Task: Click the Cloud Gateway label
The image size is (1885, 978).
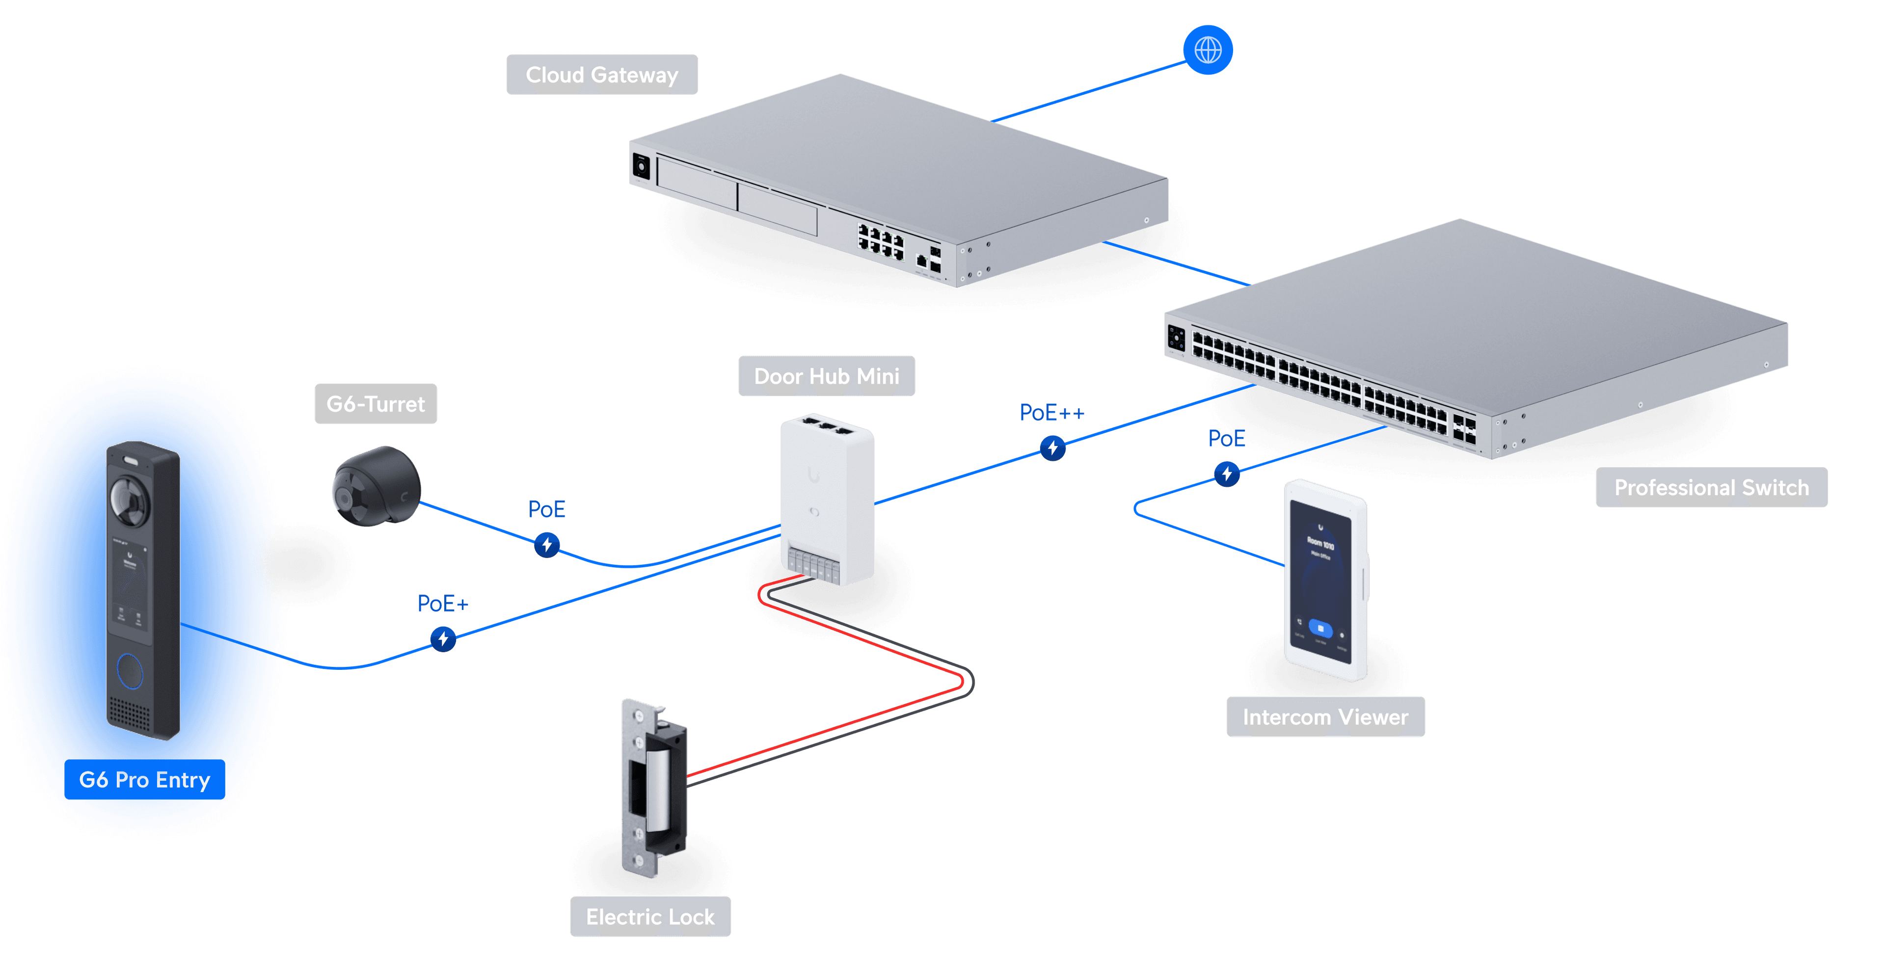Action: (601, 75)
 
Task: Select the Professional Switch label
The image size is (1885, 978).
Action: (1711, 487)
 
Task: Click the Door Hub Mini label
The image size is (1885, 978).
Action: (826, 376)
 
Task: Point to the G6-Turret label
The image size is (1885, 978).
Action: (376, 404)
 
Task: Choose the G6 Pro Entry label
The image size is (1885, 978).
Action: (144, 780)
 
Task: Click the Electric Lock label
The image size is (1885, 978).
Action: (650, 917)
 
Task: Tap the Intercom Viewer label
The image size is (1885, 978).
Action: (1325, 717)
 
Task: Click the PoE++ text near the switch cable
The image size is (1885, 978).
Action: (1051, 413)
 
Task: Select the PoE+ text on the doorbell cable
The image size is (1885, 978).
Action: (442, 604)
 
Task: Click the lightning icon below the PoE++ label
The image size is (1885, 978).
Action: (1052, 448)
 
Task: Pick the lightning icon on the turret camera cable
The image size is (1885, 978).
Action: (547, 545)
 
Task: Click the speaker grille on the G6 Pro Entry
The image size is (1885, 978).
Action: (130, 713)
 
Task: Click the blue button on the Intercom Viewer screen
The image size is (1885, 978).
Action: (1320, 628)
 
